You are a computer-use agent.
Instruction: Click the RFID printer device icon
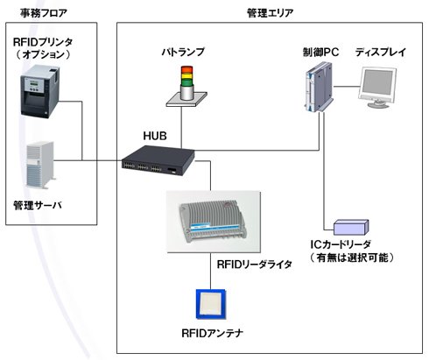tap(39, 91)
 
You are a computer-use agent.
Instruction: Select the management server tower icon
tap(40, 166)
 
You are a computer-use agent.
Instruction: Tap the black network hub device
tap(158, 160)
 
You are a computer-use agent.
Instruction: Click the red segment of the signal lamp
tap(186, 70)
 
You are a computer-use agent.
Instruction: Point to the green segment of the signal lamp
tap(186, 82)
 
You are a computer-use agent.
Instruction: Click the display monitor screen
tap(378, 83)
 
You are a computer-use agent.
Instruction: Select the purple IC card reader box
tap(351, 227)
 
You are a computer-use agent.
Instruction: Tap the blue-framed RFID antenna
tap(211, 304)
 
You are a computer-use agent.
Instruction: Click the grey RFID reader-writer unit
tap(213, 222)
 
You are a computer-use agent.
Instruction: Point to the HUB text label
tap(155, 136)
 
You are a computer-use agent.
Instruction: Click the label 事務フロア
tap(44, 13)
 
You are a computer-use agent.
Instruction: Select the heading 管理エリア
tap(270, 13)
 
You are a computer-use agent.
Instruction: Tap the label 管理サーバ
tap(38, 206)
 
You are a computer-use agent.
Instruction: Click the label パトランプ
tap(183, 52)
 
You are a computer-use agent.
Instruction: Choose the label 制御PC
tap(320, 53)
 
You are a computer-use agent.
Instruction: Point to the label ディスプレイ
tap(381, 53)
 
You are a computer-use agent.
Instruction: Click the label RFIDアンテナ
tap(213, 333)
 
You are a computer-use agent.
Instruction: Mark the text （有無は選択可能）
tap(352, 258)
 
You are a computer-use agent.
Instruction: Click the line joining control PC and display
tap(346, 87)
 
